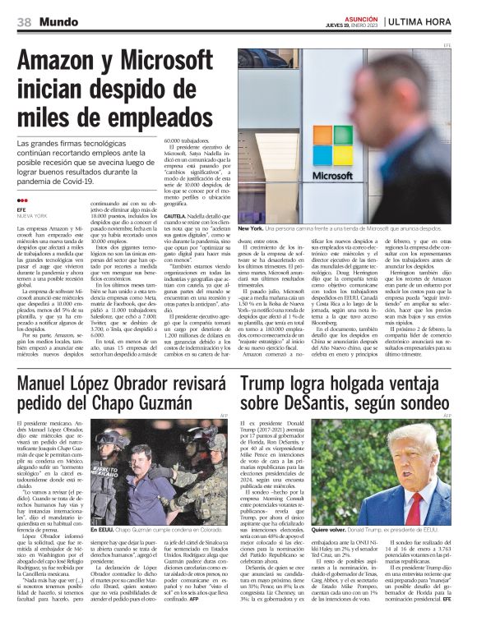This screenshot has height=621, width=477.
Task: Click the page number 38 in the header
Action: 24,21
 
